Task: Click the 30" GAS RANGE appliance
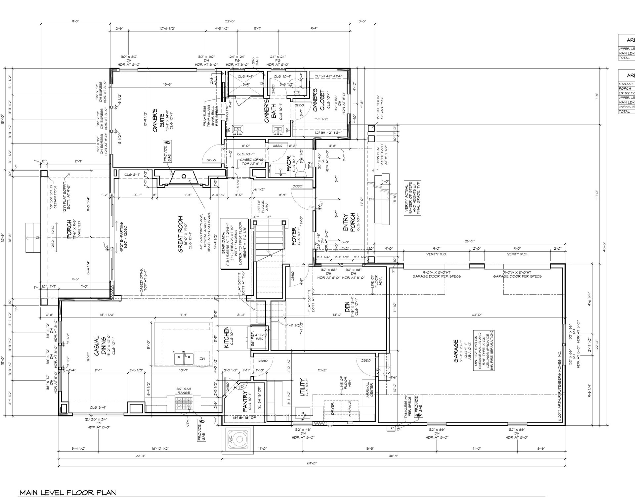point(184,403)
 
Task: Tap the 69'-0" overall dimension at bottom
point(312,463)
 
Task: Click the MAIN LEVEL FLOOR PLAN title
point(68,492)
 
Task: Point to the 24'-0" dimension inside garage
point(476,315)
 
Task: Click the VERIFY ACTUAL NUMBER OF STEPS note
point(412,198)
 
